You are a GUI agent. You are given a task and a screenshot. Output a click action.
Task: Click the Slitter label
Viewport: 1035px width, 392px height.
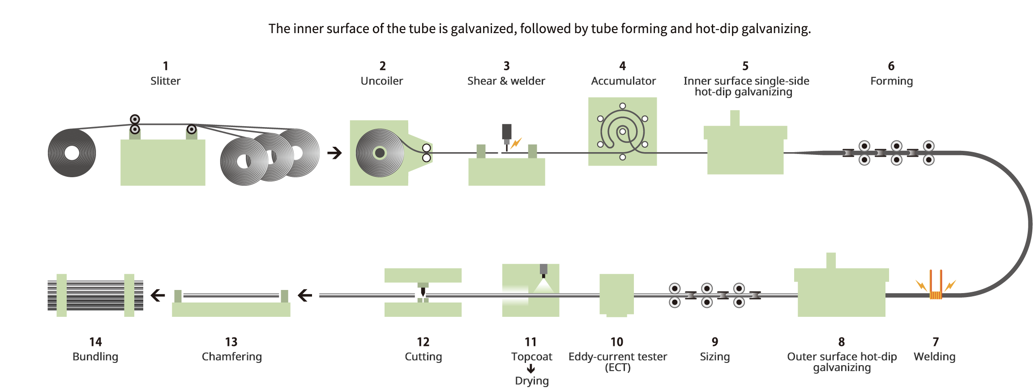(165, 81)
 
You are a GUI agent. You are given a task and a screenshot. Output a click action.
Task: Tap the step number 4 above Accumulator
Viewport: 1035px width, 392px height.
(622, 66)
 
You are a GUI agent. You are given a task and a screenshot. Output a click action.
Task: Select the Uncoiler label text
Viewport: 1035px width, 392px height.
(381, 81)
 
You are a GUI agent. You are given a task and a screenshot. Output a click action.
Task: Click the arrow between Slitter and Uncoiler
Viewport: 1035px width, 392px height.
(334, 153)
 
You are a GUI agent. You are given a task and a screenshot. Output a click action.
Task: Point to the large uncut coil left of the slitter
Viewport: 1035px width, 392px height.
(72, 153)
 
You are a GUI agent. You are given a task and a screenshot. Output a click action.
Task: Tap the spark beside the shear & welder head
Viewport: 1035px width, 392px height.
(516, 143)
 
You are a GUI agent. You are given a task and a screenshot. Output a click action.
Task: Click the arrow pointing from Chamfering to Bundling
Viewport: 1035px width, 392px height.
(158, 295)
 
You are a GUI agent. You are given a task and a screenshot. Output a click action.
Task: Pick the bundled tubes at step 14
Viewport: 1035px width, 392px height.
(95, 295)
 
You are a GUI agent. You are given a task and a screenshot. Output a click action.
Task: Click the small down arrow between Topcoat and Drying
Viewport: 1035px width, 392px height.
(531, 369)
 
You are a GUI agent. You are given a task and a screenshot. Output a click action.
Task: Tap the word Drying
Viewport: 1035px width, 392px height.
(531, 381)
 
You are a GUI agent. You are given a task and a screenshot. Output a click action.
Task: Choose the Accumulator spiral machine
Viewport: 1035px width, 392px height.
(622, 132)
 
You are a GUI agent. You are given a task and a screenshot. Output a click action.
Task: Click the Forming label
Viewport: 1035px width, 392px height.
(891, 81)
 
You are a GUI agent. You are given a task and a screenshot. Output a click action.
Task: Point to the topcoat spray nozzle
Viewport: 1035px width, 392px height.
(543, 270)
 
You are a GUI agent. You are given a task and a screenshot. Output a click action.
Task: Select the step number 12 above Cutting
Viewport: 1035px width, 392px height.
(423, 342)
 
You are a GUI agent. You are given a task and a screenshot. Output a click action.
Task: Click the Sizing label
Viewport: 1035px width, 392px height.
(714, 357)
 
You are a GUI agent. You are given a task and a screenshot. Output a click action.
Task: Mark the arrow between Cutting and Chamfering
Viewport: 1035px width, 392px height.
(305, 295)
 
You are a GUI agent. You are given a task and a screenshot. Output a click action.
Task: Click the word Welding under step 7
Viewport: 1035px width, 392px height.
(934, 357)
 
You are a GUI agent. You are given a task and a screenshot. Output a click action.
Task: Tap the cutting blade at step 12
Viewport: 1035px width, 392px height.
(423, 291)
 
